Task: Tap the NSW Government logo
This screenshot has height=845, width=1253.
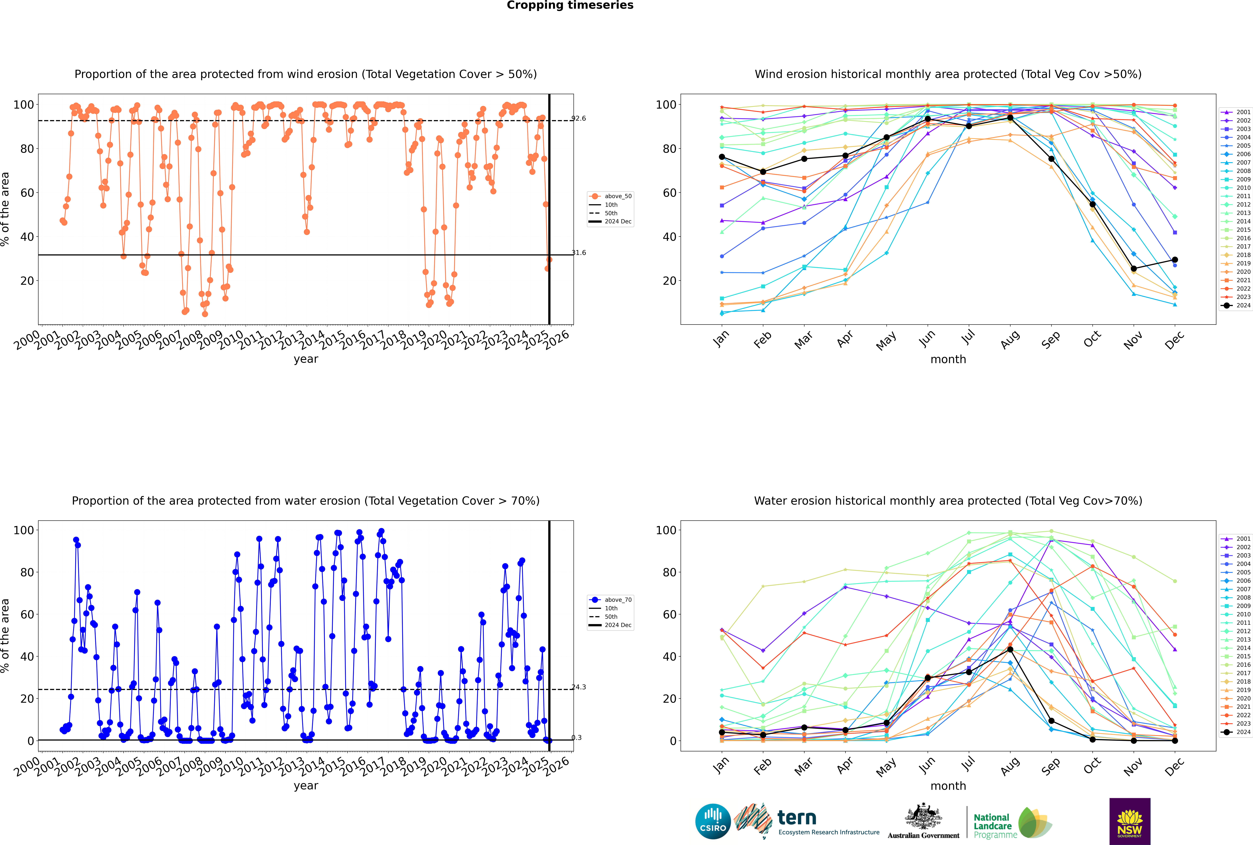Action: pos(1130,821)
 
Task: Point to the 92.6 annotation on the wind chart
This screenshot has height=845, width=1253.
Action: pos(579,118)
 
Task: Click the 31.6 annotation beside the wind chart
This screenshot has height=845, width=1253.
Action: pos(579,253)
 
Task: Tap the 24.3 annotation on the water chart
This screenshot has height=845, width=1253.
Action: pos(579,687)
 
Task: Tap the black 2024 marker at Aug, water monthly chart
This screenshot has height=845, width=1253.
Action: pos(1010,649)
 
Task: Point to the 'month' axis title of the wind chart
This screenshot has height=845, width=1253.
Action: pos(948,360)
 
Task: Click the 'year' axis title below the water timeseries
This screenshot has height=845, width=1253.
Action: pos(306,786)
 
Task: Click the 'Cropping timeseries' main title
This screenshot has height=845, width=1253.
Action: pos(570,5)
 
